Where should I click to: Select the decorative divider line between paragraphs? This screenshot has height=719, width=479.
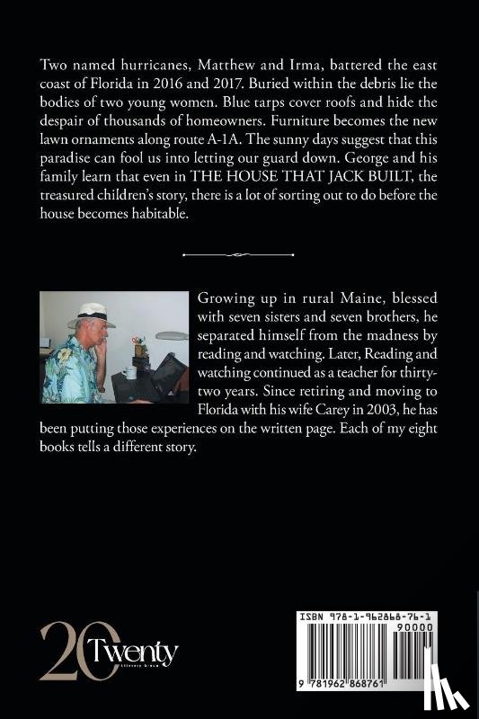point(239,255)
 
